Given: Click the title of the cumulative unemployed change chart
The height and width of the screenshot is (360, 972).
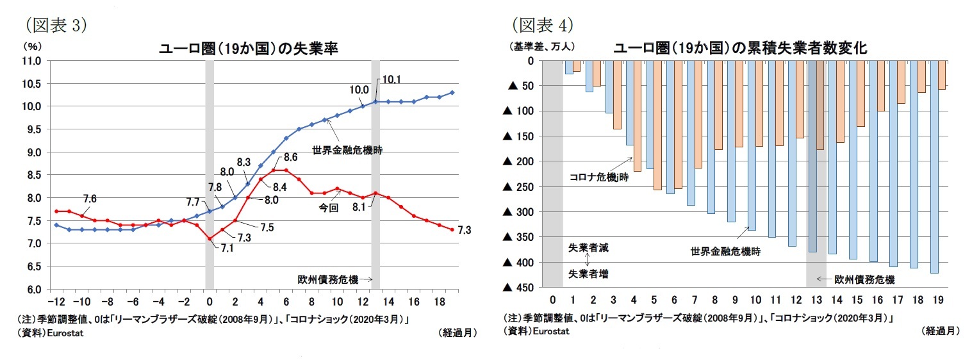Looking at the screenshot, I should [x=740, y=48].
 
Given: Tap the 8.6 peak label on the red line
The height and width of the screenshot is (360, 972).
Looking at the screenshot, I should [x=290, y=157].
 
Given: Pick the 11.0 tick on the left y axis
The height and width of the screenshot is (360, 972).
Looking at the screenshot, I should [x=33, y=61].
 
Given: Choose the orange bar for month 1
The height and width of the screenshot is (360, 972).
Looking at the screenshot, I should [x=577, y=66].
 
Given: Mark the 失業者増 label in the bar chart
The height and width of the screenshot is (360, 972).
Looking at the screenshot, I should [x=588, y=274].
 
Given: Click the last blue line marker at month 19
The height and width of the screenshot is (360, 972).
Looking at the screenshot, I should [x=452, y=93].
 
